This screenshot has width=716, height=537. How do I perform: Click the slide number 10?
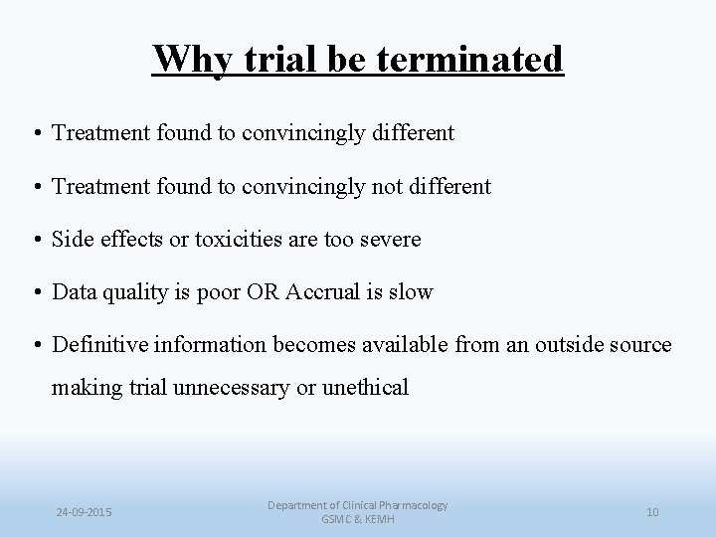point(652,512)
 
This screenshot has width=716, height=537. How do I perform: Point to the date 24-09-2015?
point(85,512)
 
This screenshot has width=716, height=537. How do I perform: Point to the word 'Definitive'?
point(95,345)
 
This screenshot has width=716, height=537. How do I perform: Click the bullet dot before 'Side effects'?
point(37,241)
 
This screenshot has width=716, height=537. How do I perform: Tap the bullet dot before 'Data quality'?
point(37,293)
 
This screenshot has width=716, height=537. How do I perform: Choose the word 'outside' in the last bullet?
point(565,345)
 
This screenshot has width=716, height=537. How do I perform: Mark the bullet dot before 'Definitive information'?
point(37,346)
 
